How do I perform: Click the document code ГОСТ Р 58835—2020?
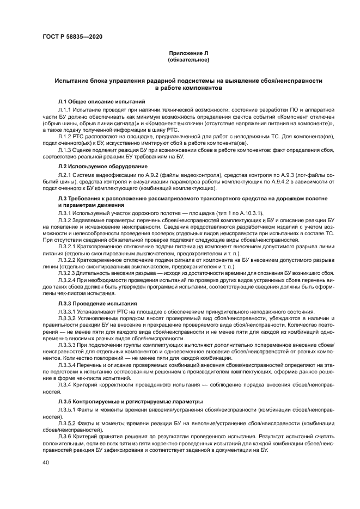pos(72,37)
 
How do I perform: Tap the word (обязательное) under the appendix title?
pos(188,60)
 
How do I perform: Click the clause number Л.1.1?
pos(65,110)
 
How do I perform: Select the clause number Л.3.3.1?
pos(68,311)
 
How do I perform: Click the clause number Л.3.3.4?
pos(68,365)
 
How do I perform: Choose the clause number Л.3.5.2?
pos(68,423)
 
